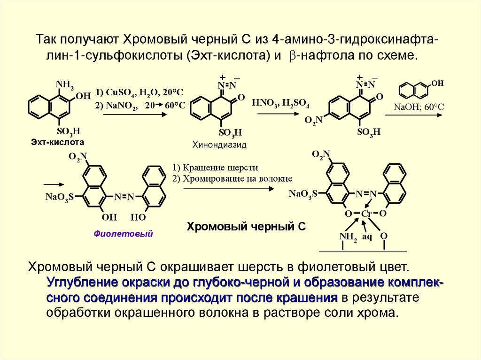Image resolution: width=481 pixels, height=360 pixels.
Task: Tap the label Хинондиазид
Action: tap(219, 145)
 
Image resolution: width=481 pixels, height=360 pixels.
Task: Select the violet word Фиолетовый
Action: tap(124, 233)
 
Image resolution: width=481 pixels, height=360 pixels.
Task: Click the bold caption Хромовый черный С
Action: tap(247, 227)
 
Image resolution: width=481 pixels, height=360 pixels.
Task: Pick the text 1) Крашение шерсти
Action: tap(215, 168)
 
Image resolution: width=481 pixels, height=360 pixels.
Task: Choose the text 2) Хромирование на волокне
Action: tap(232, 178)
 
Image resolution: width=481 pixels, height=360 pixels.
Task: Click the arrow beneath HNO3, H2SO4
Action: tap(280, 115)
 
